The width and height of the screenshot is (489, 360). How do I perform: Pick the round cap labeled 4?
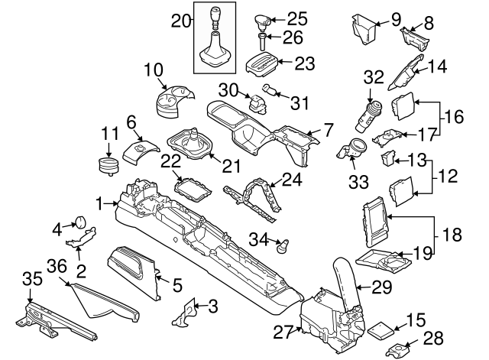(x=79, y=222)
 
